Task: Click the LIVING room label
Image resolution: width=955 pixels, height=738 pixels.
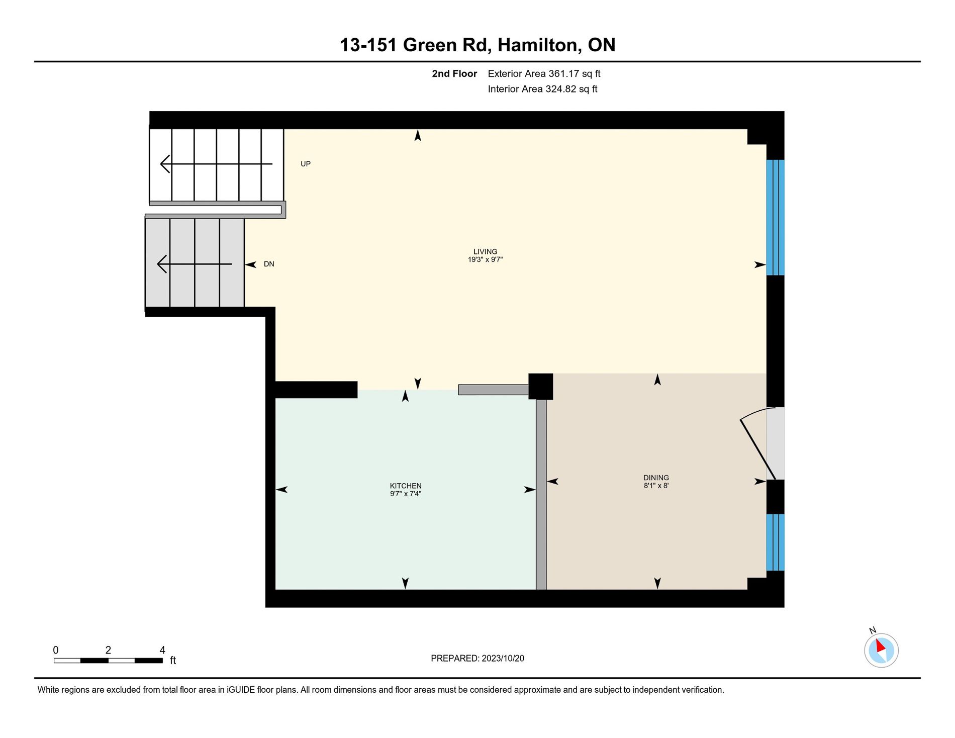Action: (485, 251)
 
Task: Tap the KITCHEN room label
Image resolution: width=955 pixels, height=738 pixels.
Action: (406, 486)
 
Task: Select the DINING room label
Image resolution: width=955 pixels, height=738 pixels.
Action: (656, 478)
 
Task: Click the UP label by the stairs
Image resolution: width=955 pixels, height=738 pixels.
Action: (306, 164)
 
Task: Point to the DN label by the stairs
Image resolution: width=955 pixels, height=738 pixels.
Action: (269, 264)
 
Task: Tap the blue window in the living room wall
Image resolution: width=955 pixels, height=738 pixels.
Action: (775, 218)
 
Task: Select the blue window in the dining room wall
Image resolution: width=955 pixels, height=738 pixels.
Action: (775, 542)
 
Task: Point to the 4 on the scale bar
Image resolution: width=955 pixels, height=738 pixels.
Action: (162, 650)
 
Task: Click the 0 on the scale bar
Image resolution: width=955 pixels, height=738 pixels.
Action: (56, 650)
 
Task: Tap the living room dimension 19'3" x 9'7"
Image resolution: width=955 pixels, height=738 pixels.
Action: (485, 260)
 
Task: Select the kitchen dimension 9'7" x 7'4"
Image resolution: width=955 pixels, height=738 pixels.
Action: (406, 494)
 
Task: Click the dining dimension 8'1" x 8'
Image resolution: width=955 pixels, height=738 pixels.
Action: (656, 486)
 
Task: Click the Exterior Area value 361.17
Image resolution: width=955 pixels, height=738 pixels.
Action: (563, 73)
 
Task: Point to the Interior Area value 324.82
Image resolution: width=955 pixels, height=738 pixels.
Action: (560, 89)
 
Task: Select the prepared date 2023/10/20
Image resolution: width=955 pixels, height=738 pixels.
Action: (503, 658)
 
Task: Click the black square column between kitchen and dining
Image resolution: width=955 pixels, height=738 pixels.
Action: (541, 387)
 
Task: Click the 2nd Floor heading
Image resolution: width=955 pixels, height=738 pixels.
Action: (454, 73)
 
